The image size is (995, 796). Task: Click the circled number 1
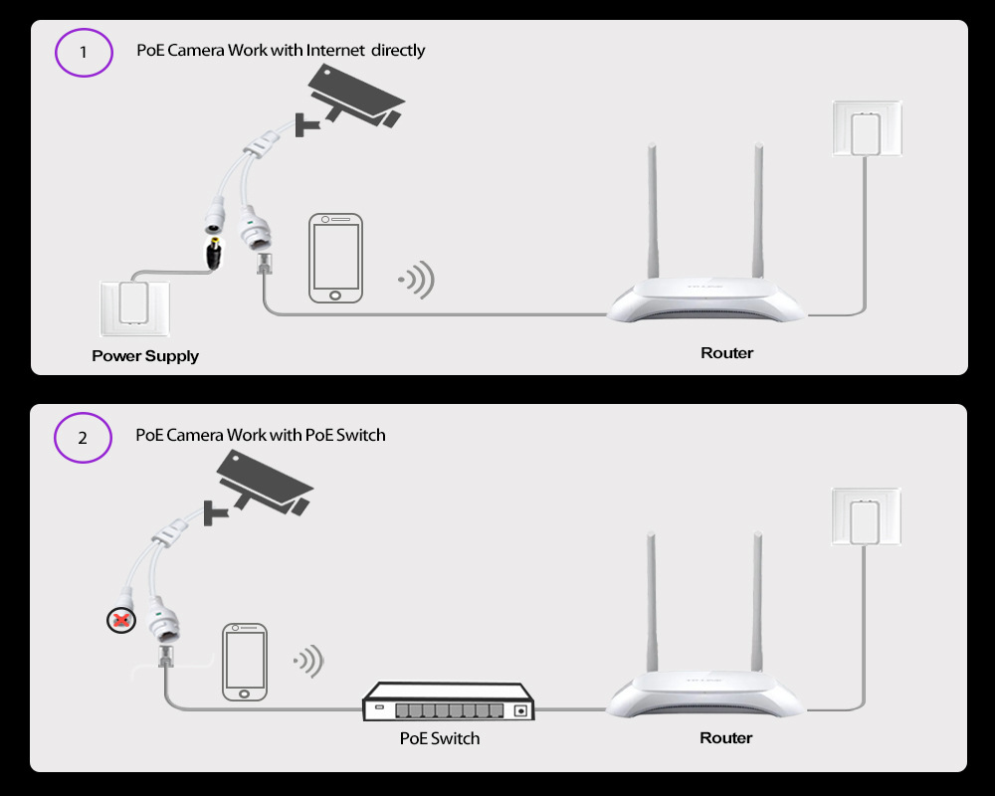tap(84, 52)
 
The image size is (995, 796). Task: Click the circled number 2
tap(83, 438)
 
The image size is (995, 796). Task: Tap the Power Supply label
tap(145, 356)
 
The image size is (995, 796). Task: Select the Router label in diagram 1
tap(727, 353)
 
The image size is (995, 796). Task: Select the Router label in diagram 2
tap(726, 737)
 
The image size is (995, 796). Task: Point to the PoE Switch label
tap(440, 738)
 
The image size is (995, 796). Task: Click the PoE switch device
tap(448, 701)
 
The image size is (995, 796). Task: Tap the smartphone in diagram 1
tap(335, 258)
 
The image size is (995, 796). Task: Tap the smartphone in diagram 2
tap(245, 662)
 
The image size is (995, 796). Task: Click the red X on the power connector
tap(121, 620)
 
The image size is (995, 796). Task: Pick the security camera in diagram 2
tap(258, 487)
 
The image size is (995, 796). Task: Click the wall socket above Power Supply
tap(135, 308)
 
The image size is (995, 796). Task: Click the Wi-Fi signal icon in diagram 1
tap(416, 280)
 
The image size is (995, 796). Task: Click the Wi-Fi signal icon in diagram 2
tap(309, 661)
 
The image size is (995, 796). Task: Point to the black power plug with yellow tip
tap(214, 254)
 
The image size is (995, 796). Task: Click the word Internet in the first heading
tap(335, 50)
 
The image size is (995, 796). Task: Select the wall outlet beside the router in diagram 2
tap(867, 516)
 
